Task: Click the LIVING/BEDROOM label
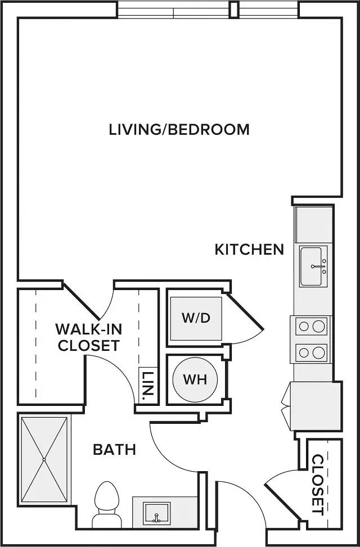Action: tap(179, 129)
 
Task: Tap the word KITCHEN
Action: tap(249, 250)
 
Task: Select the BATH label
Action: tap(115, 450)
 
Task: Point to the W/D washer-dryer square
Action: tap(196, 319)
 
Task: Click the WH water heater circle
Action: tap(195, 379)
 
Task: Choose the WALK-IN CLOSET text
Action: tap(89, 337)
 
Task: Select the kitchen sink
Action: tap(313, 266)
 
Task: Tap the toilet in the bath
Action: tap(107, 505)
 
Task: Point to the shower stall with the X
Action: tap(44, 459)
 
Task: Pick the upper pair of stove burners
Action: tap(310, 327)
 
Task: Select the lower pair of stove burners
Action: tap(310, 352)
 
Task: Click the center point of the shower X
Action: tap(44, 459)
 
